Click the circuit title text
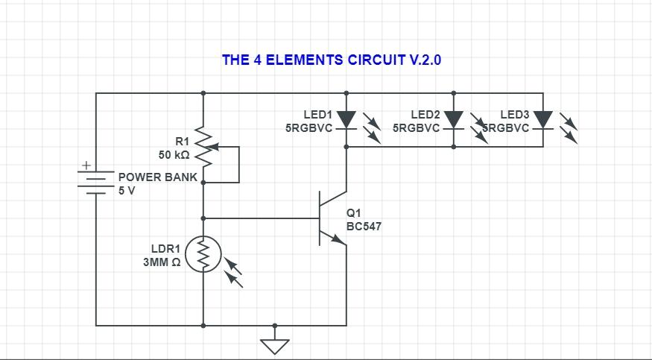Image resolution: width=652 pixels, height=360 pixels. click(332, 60)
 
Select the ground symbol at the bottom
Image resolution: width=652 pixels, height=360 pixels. click(275, 345)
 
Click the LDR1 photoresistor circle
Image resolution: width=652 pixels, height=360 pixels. click(203, 255)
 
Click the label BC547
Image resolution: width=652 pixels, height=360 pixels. click(364, 227)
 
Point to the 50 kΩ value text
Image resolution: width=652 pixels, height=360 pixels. click(174, 155)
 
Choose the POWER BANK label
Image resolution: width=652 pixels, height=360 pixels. click(158, 177)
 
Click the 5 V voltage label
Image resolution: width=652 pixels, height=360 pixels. click(127, 191)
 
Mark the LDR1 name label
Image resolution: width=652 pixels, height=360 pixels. click(166, 249)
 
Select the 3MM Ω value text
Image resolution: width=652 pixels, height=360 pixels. click(162, 262)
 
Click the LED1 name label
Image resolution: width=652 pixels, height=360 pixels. click(317, 115)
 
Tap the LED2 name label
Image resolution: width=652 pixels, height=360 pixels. click(425, 115)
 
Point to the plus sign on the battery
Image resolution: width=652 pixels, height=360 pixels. click(86, 165)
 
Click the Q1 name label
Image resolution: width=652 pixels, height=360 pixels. click(354, 213)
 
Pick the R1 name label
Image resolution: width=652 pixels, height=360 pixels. click(183, 142)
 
